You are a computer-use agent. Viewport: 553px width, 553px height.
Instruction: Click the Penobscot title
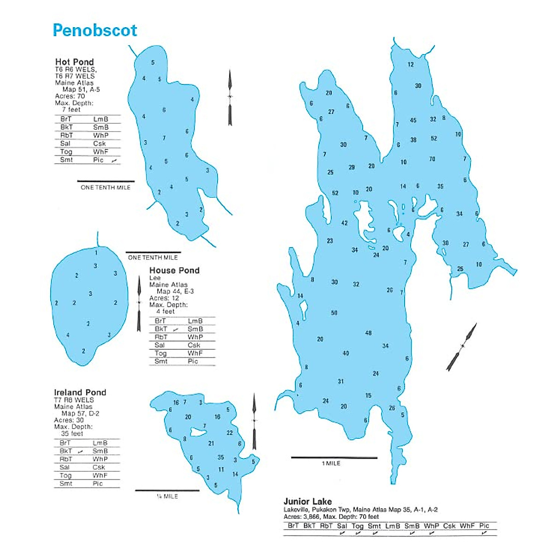click(x=95, y=30)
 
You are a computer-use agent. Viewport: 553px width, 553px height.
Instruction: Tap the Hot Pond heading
click(x=74, y=62)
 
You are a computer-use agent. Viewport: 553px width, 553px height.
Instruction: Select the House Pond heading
click(x=174, y=271)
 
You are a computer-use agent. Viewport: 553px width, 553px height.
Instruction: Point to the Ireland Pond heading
click(x=80, y=393)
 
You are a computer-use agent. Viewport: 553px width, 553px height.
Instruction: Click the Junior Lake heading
click(x=307, y=501)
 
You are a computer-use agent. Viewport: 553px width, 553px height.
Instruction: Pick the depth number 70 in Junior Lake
click(x=432, y=159)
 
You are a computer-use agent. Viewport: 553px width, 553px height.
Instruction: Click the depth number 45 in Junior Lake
click(x=413, y=120)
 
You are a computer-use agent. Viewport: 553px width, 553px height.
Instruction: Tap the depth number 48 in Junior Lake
click(x=368, y=333)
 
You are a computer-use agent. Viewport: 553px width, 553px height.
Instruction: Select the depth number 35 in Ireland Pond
click(x=221, y=458)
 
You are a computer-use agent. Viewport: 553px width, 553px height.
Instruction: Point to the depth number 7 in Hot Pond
click(x=164, y=138)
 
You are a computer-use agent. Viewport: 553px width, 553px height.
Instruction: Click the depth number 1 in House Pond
click(x=96, y=253)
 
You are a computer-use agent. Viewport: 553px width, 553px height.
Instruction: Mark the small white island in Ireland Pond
click(x=198, y=432)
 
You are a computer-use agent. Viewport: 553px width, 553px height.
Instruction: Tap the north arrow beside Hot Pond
click(x=230, y=97)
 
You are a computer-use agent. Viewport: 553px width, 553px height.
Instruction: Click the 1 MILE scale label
click(x=331, y=464)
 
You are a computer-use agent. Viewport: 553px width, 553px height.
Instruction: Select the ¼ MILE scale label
click(x=167, y=496)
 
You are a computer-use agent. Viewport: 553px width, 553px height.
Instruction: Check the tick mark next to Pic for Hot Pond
click(x=114, y=160)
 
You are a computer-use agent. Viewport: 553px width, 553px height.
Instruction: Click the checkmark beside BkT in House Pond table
click(x=175, y=330)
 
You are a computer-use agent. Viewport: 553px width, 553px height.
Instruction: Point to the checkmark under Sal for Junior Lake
click(x=342, y=533)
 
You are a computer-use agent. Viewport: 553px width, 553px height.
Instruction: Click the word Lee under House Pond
click(x=155, y=278)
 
